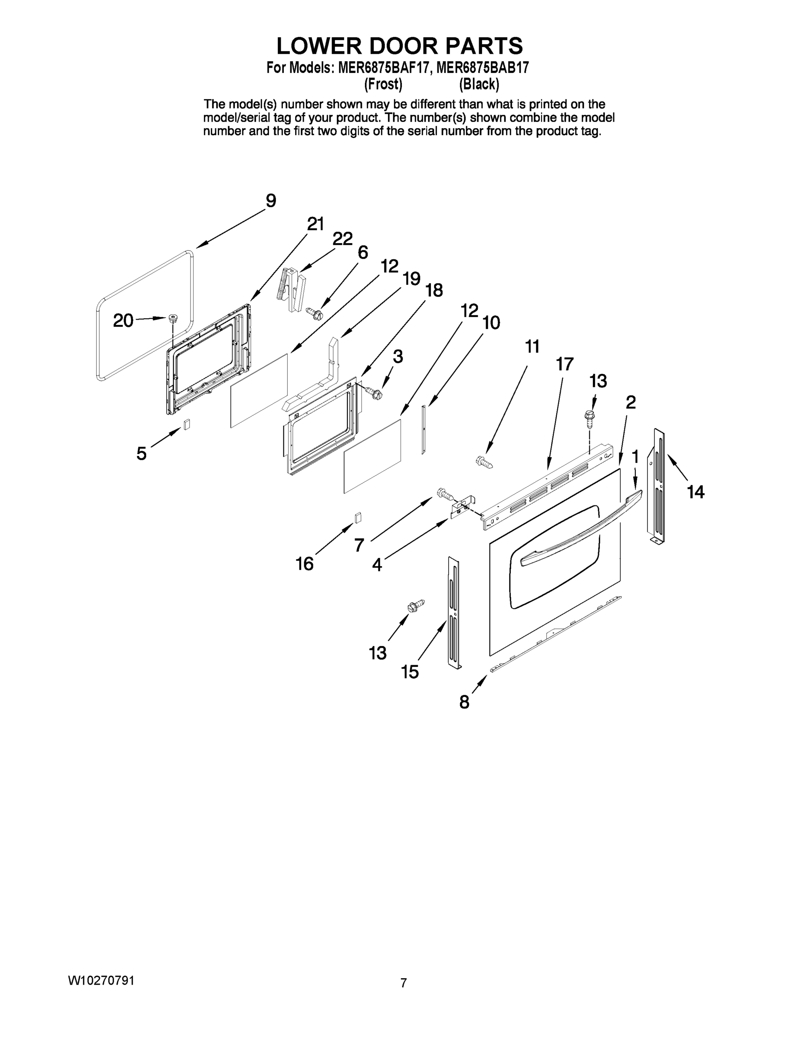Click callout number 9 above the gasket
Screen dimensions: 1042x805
(270, 201)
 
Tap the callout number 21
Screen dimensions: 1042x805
(315, 224)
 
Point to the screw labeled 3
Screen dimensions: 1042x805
(374, 392)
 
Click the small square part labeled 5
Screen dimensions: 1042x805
(187, 424)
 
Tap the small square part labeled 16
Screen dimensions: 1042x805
(358, 517)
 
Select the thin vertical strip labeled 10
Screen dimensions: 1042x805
(423, 429)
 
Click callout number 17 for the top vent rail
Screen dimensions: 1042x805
(565, 365)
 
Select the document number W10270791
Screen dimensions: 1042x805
(101, 980)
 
